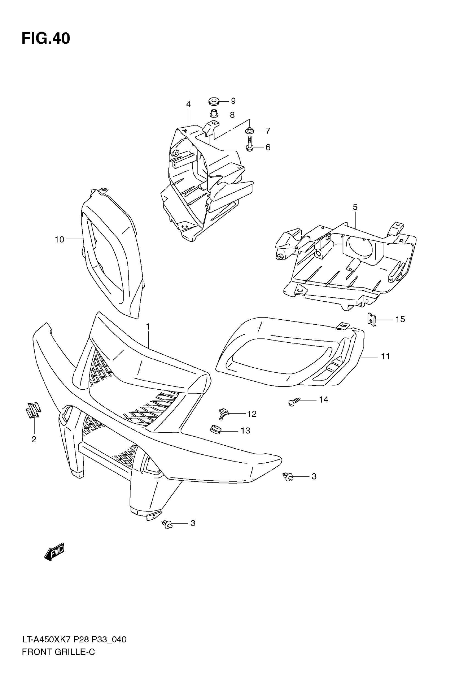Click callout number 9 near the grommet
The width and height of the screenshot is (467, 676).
(x=233, y=101)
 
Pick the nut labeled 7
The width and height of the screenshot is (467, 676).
(x=250, y=131)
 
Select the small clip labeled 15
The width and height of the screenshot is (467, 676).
(x=372, y=319)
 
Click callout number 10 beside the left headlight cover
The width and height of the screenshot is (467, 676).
(x=59, y=240)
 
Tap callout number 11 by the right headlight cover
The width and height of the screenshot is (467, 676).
(x=385, y=356)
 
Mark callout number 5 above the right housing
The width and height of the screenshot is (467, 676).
(x=355, y=207)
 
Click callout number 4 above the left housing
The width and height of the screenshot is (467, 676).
(x=188, y=104)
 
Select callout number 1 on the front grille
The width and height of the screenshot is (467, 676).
(x=148, y=326)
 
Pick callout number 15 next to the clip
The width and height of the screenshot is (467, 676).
(x=400, y=320)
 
